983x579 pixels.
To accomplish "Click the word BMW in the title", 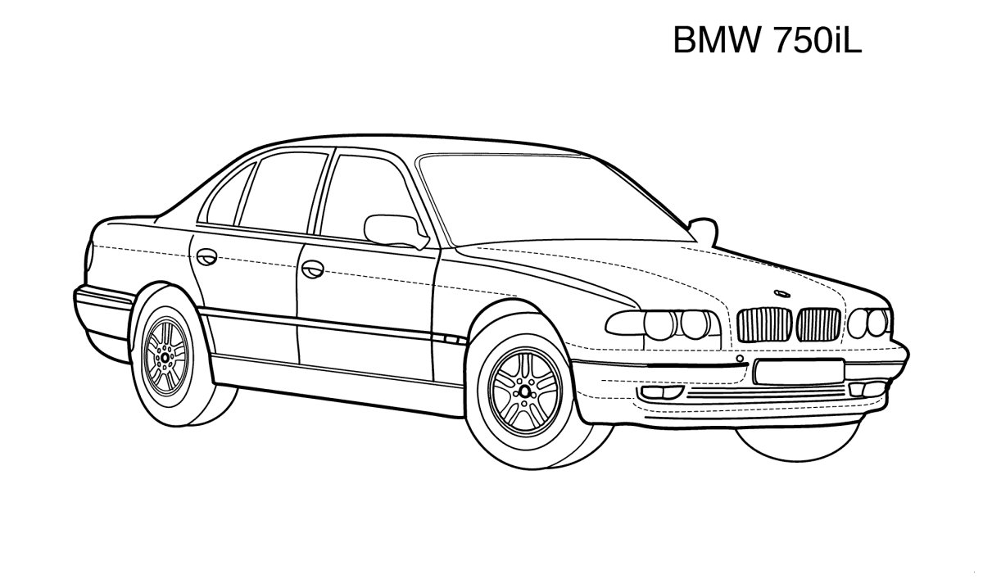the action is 716,40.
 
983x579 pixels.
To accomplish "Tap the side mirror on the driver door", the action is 396,231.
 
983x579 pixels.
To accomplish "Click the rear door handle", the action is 206,257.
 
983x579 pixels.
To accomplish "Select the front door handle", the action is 313,269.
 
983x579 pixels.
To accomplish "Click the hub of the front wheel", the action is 525,391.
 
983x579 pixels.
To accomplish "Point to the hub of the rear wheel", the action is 165,358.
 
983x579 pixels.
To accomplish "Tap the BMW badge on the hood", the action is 781,294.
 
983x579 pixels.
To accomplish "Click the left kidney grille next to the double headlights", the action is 764,324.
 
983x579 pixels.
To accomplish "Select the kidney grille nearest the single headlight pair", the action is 819,325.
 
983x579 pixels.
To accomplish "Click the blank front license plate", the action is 799,372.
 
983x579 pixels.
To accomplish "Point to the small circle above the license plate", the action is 740,359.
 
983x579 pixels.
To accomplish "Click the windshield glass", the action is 553,200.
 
